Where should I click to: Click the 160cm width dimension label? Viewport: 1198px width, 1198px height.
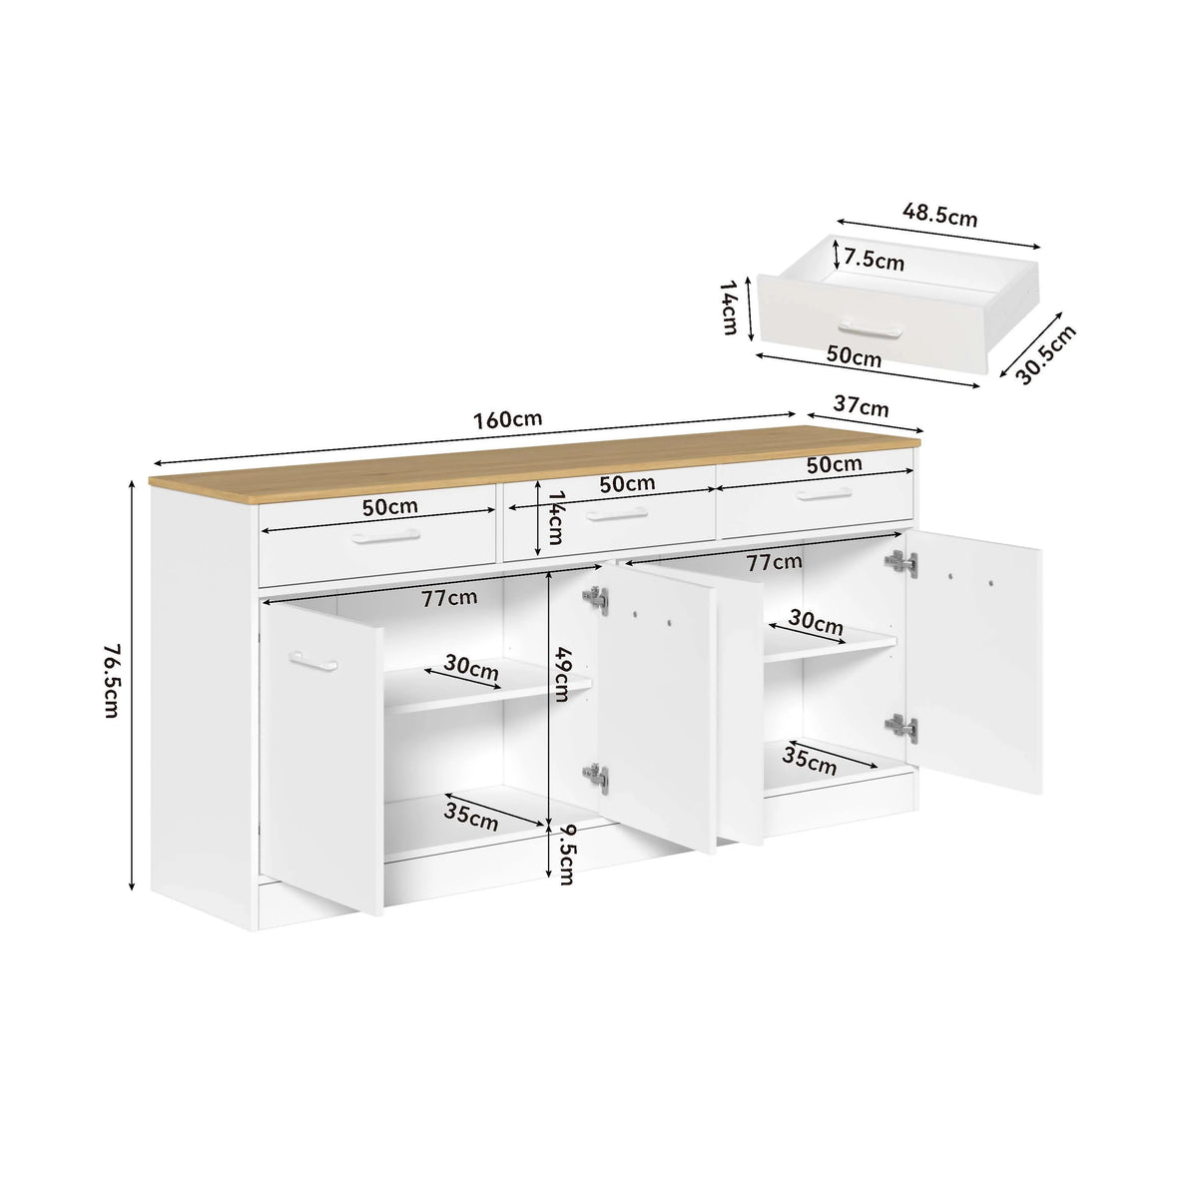coord(507,419)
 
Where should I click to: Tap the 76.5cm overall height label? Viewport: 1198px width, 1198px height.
coord(111,681)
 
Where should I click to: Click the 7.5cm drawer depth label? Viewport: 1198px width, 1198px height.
coord(875,260)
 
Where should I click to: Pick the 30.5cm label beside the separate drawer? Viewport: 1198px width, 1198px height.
coord(1045,354)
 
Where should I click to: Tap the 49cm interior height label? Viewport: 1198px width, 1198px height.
coord(561,675)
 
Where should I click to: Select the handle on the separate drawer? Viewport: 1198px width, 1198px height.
coord(871,328)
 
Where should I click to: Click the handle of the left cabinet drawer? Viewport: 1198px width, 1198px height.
coord(385,536)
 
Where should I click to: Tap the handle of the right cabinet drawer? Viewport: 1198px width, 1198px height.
coord(824,493)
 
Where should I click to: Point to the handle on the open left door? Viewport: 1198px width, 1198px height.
coord(313,661)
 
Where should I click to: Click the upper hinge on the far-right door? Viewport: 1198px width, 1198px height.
coord(902,563)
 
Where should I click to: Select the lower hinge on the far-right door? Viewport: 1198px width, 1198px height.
coord(902,728)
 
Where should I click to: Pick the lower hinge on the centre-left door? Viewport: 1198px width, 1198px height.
coord(596,778)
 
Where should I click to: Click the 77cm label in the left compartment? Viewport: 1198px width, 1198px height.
coord(449,597)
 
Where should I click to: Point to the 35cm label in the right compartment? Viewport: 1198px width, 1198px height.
coord(809,761)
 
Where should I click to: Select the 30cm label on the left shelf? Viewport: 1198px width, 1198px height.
coord(471,667)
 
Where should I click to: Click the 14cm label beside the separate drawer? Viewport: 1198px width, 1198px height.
coord(729,307)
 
